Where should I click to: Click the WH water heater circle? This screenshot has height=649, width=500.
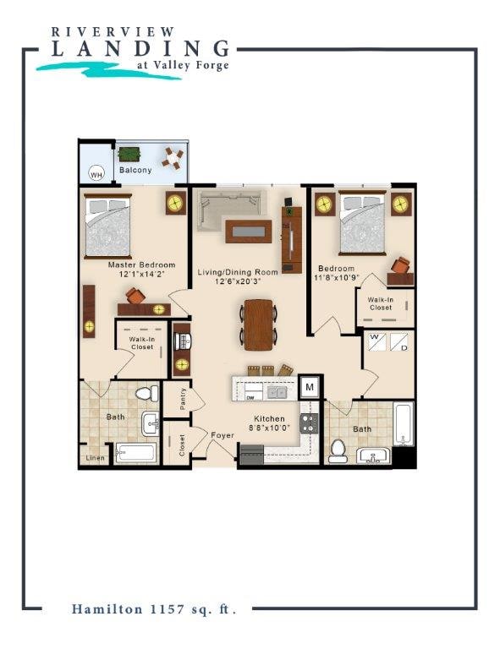click(x=96, y=175)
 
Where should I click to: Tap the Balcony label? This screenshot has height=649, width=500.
click(x=135, y=170)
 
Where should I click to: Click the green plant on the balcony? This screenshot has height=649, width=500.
click(x=129, y=155)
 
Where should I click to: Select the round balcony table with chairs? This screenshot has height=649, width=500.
click(x=173, y=158)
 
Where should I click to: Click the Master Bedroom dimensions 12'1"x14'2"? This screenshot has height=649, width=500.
click(x=142, y=274)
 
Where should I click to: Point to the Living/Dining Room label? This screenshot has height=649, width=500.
click(x=238, y=272)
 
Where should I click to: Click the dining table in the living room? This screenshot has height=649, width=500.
click(x=258, y=324)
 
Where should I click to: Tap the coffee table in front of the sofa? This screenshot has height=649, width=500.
click(x=249, y=232)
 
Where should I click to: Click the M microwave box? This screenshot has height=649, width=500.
click(x=310, y=387)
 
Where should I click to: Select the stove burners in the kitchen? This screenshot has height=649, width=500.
click(x=309, y=423)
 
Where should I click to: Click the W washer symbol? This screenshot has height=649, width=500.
click(x=376, y=342)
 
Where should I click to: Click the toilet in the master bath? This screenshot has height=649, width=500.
click(x=147, y=394)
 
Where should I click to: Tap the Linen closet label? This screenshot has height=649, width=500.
click(x=96, y=458)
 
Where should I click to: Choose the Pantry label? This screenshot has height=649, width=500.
click(x=183, y=399)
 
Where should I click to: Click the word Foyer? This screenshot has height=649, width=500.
click(x=223, y=435)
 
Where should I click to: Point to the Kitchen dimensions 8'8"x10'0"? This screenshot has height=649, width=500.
click(x=269, y=428)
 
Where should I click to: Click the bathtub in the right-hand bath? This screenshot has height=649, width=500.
click(x=404, y=423)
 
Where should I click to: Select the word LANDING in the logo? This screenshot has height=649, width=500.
click(x=140, y=49)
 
